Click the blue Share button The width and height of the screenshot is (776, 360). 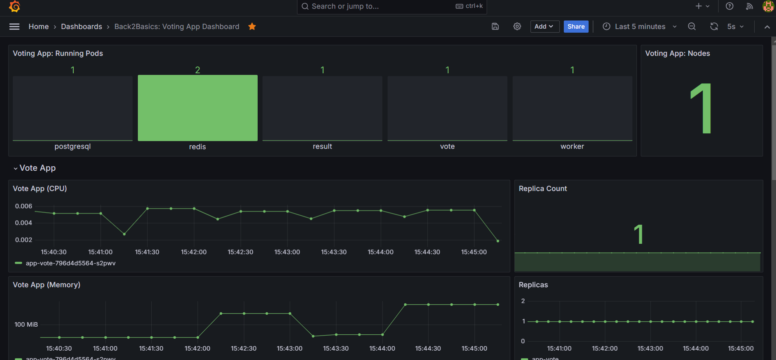coord(576,26)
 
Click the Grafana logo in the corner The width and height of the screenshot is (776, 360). coord(14,7)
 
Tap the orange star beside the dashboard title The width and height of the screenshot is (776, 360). coord(252,26)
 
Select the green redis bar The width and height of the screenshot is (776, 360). coord(197,108)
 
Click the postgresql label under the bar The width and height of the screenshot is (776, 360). coord(73,146)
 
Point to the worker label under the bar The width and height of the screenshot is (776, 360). coord(572,146)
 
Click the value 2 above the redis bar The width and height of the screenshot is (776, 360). coord(197,70)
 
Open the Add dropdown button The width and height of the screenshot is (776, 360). coord(544,26)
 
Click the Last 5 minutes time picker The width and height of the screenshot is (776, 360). coord(640,26)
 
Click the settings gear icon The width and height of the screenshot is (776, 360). coord(517,26)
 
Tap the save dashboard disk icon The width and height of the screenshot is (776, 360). coord(495,26)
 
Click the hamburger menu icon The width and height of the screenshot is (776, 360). coord(14,26)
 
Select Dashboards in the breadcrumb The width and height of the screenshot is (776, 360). coord(81,26)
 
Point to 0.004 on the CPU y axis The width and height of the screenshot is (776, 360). coord(23,223)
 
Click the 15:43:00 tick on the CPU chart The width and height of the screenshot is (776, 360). coord(287,252)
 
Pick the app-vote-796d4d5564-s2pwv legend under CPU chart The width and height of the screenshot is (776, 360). coord(70,263)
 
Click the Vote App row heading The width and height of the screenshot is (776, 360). coord(38,168)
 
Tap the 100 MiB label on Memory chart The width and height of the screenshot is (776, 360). coord(26,324)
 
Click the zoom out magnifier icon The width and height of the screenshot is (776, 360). coord(692,26)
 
